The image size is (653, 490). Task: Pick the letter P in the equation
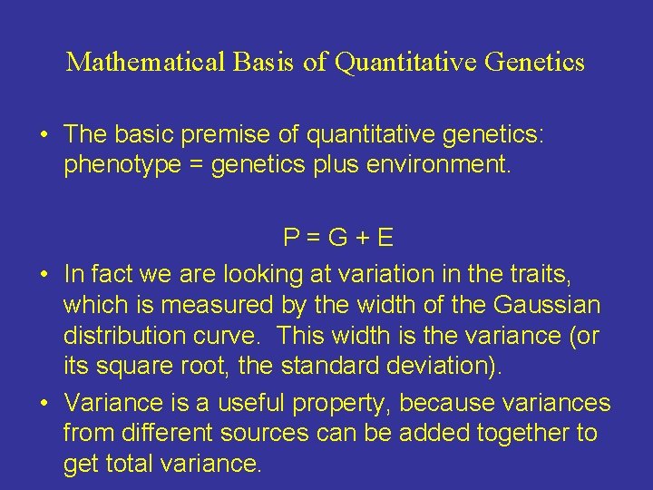pos(291,239)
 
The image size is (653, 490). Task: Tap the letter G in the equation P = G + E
pos(339,239)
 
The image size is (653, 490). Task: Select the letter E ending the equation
pos(385,239)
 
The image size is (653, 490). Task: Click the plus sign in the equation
pos(363,240)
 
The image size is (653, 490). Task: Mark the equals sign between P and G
pos(315,240)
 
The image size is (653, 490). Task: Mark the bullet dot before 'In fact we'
pos(44,272)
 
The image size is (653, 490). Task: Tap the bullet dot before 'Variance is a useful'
pos(44,402)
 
